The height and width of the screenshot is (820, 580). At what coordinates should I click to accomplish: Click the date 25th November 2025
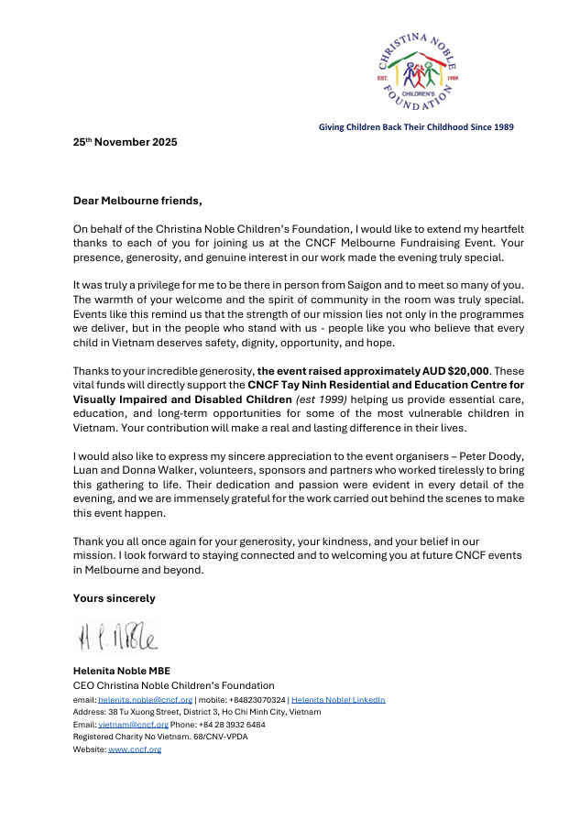point(126,142)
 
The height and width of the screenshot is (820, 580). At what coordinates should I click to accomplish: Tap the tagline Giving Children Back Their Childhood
point(416,126)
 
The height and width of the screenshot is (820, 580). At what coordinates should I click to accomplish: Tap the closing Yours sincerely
point(115,598)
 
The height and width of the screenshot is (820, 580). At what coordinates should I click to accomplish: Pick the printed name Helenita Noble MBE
point(122,671)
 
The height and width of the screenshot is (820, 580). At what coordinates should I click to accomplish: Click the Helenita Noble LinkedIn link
point(338,700)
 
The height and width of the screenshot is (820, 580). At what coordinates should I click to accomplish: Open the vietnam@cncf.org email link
point(133,724)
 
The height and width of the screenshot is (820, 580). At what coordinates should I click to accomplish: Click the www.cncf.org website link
point(135,749)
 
